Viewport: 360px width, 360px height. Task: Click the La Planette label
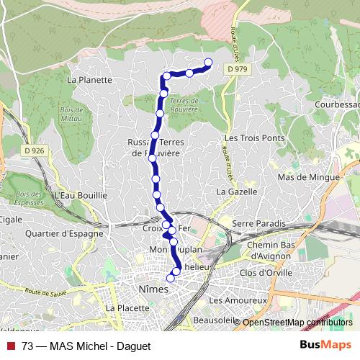pos(89,80)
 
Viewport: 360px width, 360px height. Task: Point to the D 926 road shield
pos(33,151)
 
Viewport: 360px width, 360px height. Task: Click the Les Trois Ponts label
pos(254,138)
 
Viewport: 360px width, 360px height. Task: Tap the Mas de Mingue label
pos(307,176)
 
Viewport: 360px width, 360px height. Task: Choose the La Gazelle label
pos(235,192)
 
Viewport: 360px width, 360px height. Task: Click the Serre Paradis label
pos(259,224)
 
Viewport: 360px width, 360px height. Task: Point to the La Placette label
pos(127,307)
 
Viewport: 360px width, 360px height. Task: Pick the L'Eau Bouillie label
pos(80,194)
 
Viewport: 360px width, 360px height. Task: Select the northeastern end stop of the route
pos(208,62)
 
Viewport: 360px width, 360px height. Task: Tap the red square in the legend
pos(11,346)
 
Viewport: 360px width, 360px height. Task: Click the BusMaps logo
pos(325,345)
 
